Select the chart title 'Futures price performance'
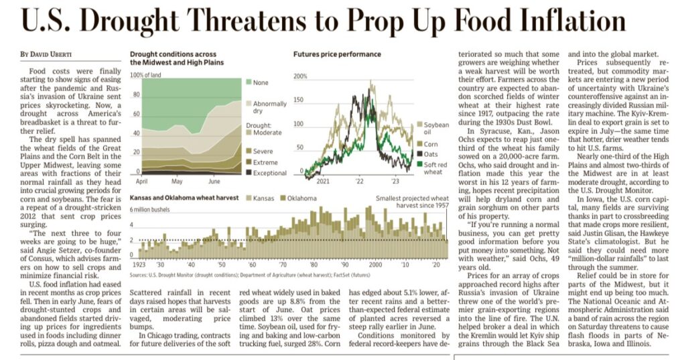(337, 54)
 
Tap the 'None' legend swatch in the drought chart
(249, 82)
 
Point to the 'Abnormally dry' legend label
(270, 108)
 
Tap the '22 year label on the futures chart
(360, 181)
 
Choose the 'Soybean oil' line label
(436, 128)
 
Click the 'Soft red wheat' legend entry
(435, 168)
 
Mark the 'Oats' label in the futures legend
(431, 154)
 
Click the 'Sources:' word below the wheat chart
(139, 275)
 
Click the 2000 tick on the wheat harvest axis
(376, 266)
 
